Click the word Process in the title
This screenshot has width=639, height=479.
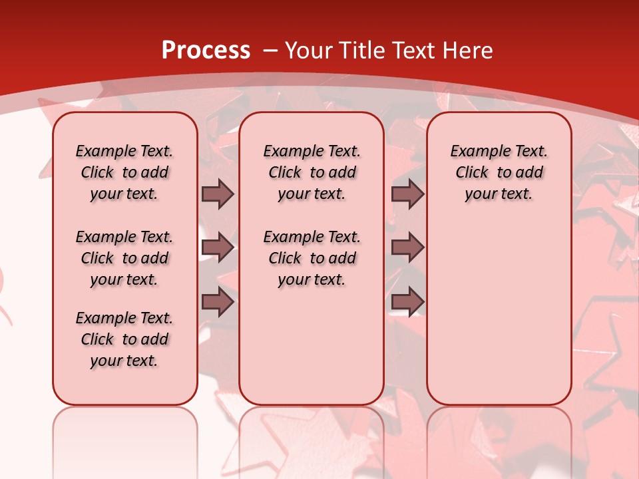tap(206, 51)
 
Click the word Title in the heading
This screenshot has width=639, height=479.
tap(361, 51)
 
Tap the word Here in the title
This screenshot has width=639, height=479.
tap(469, 51)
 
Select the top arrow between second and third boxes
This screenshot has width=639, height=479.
tap(407, 194)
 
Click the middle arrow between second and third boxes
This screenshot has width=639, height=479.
tap(407, 247)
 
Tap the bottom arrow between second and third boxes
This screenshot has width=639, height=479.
tap(407, 302)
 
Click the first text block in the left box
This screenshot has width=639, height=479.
tap(124, 172)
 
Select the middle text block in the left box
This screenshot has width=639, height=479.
tap(124, 258)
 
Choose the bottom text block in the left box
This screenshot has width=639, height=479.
tap(124, 339)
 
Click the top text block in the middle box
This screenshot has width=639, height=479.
tap(312, 172)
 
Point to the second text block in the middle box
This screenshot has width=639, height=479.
tap(312, 258)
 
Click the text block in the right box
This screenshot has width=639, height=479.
tap(499, 172)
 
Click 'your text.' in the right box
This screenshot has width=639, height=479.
tap(499, 194)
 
